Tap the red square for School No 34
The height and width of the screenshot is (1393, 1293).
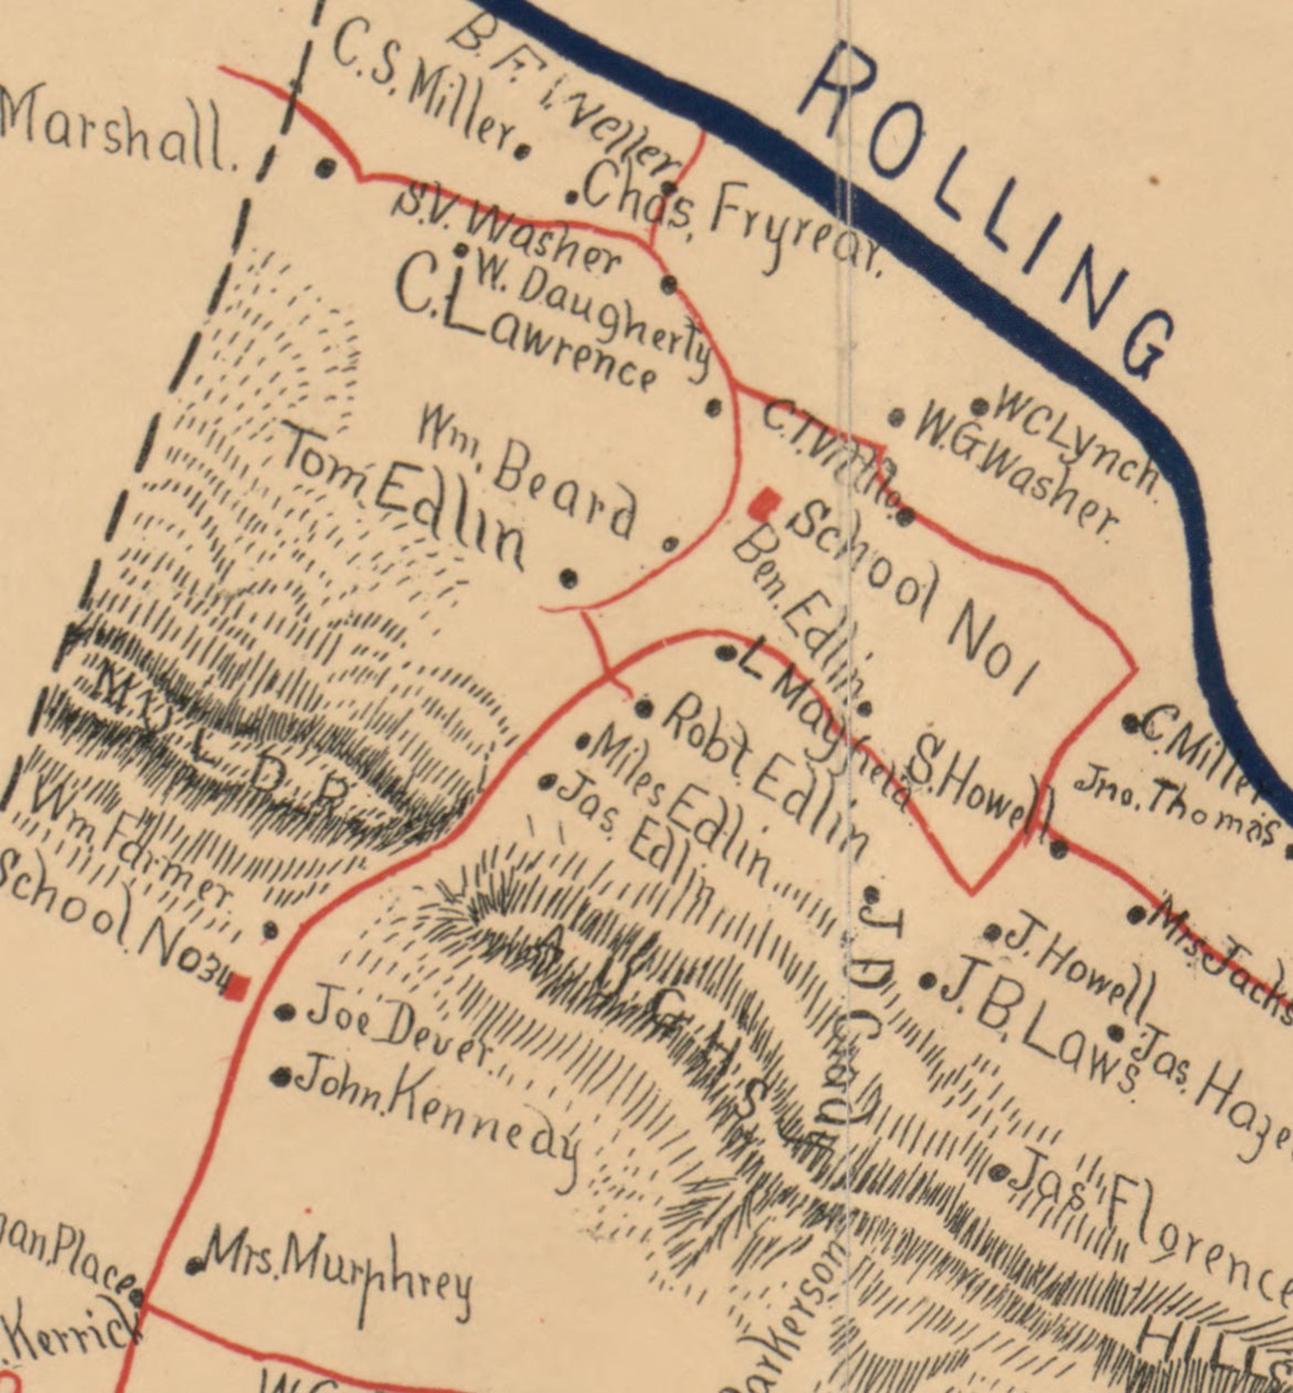[237, 987]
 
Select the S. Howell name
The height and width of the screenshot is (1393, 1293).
[981, 790]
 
